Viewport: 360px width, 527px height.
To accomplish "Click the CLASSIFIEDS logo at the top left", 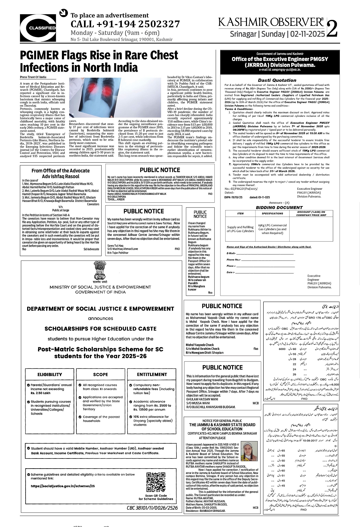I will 38,28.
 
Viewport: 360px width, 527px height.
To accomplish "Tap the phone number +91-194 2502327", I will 125,24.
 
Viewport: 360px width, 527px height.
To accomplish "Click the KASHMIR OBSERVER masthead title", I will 271,22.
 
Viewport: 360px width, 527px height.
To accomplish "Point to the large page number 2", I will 333,29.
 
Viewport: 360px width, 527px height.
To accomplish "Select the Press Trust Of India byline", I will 33,77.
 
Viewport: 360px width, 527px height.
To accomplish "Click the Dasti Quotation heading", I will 277,80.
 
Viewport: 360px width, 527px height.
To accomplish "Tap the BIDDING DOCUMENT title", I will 279,207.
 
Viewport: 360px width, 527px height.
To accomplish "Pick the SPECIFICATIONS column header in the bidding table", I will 273,213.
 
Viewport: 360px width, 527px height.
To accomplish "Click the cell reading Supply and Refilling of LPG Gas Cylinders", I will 240,229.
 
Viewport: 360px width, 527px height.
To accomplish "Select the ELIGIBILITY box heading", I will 50,374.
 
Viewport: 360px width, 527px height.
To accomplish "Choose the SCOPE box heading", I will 100,374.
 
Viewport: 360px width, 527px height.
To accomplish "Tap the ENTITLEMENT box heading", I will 152,374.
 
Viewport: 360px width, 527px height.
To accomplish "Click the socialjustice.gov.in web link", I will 63,486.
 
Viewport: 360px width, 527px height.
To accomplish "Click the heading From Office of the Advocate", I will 61,171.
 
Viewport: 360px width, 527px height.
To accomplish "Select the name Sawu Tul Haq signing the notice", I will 115,245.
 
